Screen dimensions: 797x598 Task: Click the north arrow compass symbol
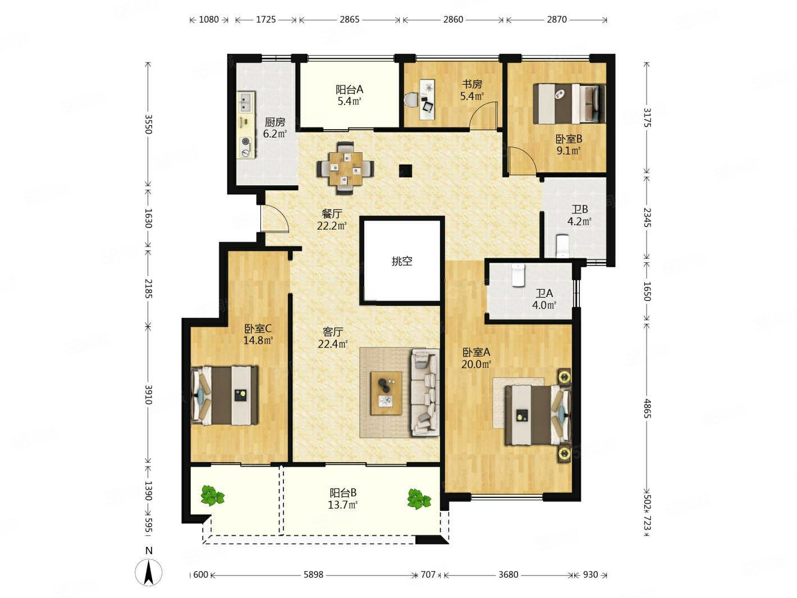click(148, 571)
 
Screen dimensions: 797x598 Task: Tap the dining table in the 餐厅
click(345, 168)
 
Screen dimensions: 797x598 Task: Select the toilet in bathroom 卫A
click(517, 275)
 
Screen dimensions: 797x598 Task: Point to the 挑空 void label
click(401, 261)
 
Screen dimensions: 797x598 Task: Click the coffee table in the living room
click(386, 393)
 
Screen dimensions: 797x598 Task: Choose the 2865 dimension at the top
click(349, 20)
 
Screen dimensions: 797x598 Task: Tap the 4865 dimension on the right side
click(647, 408)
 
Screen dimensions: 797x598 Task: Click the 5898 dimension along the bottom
click(313, 574)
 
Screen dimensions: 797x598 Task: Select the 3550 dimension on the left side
click(148, 124)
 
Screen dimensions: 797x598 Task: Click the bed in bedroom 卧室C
click(225, 395)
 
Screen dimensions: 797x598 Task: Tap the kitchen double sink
click(246, 102)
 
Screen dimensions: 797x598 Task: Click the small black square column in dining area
click(405, 171)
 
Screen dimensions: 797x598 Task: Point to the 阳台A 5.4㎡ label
click(349, 95)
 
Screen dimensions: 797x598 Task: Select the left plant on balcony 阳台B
click(212, 495)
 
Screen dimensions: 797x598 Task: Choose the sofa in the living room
click(425, 392)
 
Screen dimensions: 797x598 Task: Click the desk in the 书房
click(427, 99)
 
